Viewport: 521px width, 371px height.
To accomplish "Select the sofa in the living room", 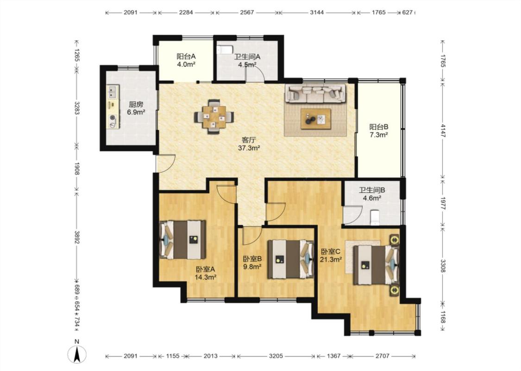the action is pyautogui.click(x=315, y=93).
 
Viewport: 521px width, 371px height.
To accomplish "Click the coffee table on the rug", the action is pyautogui.click(x=316, y=118).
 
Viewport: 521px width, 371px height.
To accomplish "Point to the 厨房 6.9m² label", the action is pyautogui.click(x=136, y=108).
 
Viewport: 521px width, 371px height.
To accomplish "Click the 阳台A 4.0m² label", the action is pyautogui.click(x=186, y=60).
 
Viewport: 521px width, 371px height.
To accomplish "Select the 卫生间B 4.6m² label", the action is pyautogui.click(x=372, y=194).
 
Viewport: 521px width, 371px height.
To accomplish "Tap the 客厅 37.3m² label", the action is pyautogui.click(x=249, y=144).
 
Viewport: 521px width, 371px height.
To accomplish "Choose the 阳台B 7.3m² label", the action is pyautogui.click(x=379, y=131).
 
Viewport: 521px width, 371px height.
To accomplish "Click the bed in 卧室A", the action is pyautogui.click(x=182, y=240).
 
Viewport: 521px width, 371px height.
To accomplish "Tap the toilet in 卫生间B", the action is pyautogui.click(x=375, y=217).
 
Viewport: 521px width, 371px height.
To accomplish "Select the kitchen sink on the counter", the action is pyautogui.click(x=113, y=92).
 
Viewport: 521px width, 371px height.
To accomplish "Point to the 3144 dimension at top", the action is pyautogui.click(x=317, y=13).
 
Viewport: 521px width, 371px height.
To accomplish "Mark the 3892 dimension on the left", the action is pyautogui.click(x=77, y=237).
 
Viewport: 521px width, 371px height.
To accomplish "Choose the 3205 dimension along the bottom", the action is pyautogui.click(x=276, y=356).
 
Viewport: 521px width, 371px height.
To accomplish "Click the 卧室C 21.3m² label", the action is pyautogui.click(x=331, y=256).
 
